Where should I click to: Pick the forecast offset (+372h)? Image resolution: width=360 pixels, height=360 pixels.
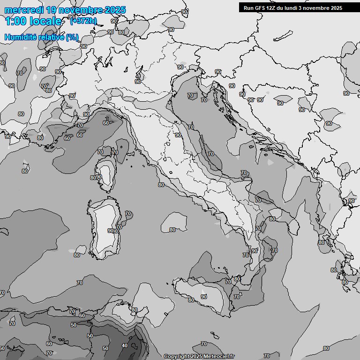click(83, 21)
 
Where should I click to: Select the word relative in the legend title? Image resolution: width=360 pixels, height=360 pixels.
click(52, 37)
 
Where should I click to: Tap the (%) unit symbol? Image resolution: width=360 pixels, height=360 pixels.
click(72, 37)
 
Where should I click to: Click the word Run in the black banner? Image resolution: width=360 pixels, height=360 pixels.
click(248, 7)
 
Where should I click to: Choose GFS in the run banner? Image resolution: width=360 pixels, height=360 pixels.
click(260, 7)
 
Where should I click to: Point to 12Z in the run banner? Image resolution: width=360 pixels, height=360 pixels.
click(273, 7)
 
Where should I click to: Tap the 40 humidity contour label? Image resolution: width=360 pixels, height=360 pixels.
click(124, 345)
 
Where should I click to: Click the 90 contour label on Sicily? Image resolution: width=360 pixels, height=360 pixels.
click(204, 297)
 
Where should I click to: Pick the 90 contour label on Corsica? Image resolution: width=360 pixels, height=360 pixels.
click(99, 177)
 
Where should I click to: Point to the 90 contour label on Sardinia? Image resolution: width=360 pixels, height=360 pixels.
click(111, 231)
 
